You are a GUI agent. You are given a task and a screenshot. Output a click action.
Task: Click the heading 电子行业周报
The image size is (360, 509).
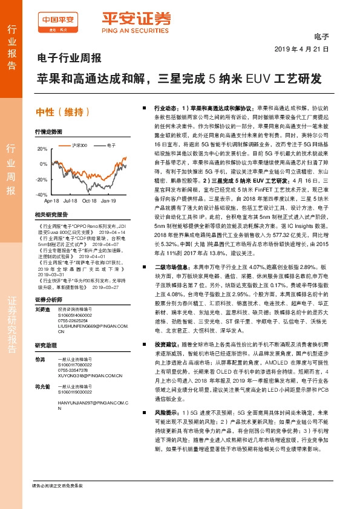[x=65, y=59]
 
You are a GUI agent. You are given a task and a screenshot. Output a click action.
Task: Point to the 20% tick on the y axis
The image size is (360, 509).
[x=42, y=149]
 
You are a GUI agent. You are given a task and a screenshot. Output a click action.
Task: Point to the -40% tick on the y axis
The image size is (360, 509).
[x=41, y=195]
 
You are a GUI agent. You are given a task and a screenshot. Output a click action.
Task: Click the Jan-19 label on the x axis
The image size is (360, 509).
[x=108, y=200]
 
